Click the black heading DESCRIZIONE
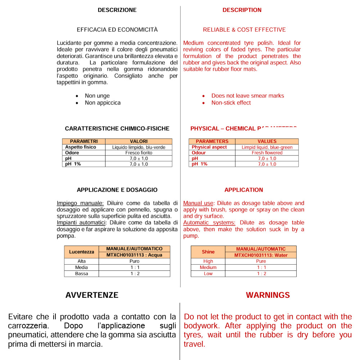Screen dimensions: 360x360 click(x=117, y=10)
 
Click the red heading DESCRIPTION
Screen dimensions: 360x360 click(x=242, y=10)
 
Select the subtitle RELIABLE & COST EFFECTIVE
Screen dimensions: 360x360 click(x=244, y=30)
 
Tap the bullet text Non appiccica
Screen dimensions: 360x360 click(x=103, y=103)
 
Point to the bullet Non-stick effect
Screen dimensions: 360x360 click(x=231, y=103)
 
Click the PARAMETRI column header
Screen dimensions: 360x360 click(x=84, y=141)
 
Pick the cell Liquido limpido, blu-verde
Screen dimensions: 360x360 click(x=139, y=147)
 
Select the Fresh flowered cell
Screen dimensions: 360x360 click(x=267, y=153)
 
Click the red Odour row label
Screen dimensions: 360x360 click(x=199, y=153)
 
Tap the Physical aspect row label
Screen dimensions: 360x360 click(x=209, y=147)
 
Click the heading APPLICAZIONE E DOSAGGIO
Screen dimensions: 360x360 click(x=117, y=190)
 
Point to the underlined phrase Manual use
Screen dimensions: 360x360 click(x=198, y=203)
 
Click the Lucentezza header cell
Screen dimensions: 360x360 click(x=82, y=252)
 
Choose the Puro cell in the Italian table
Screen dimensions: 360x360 click(x=134, y=261)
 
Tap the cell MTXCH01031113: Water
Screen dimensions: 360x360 click(x=261, y=255)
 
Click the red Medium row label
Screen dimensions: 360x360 click(x=208, y=267)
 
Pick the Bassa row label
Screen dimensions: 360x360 click(x=82, y=274)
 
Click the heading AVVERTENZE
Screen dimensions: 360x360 click(x=92, y=295)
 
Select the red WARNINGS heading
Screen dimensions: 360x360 click(x=267, y=295)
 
